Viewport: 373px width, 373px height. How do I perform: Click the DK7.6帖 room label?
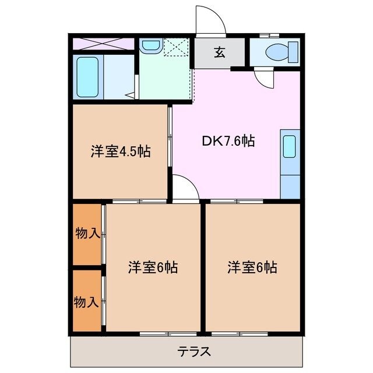click(x=228, y=140)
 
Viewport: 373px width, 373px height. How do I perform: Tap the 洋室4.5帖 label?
click(x=121, y=152)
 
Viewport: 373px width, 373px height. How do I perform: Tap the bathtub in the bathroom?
click(x=89, y=78)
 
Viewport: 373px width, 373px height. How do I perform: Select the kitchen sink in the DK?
click(x=290, y=147)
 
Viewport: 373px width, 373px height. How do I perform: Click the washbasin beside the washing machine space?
click(x=151, y=45)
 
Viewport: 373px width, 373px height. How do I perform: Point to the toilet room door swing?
click(x=263, y=78)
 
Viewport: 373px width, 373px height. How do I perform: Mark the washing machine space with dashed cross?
click(x=177, y=47)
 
